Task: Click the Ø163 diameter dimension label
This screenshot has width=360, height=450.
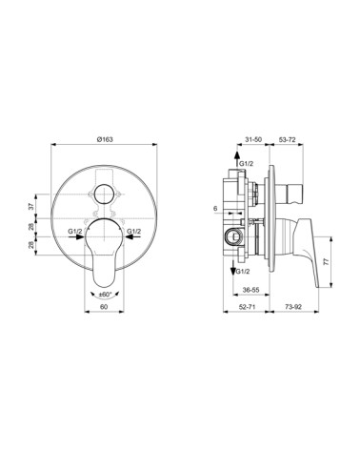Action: [x=106, y=139]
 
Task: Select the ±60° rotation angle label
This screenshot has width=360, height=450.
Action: [x=107, y=296]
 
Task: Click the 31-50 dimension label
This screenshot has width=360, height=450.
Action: [x=253, y=139]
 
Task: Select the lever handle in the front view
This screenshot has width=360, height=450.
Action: [x=106, y=257]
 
